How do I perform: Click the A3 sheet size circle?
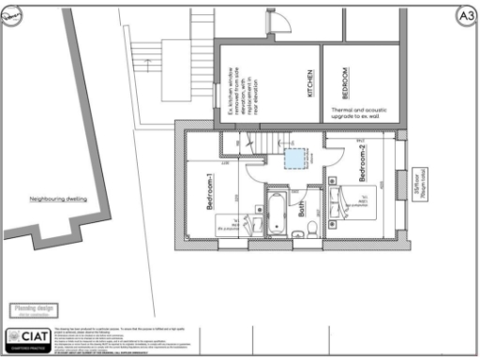[x=465, y=15]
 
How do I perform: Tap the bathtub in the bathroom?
[x=276, y=215]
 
